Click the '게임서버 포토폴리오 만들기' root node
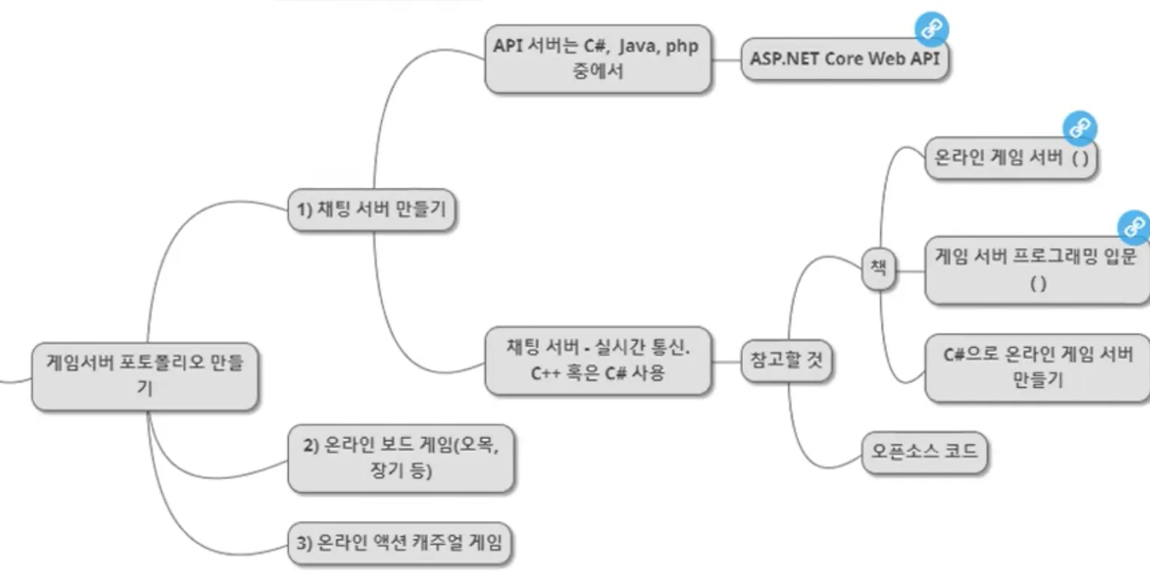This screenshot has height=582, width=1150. click(x=145, y=376)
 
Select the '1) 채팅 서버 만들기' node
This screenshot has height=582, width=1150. click(x=372, y=209)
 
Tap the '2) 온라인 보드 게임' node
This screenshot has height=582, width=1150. click(x=401, y=458)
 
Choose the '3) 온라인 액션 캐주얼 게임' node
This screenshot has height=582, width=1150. click(x=399, y=542)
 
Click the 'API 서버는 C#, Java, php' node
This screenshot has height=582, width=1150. click(x=597, y=59)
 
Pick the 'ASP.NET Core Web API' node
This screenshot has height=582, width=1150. click(x=845, y=59)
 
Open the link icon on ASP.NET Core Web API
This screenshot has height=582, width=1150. click(x=931, y=29)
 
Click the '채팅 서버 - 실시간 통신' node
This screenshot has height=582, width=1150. click(x=597, y=360)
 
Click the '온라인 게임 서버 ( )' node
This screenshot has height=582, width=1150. click(x=1011, y=157)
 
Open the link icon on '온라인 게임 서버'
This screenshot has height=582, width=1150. click(x=1079, y=129)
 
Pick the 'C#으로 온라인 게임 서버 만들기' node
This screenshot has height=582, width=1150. click(x=1037, y=367)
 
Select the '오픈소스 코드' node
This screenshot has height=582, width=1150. click(x=924, y=451)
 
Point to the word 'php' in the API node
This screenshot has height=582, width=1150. click(x=682, y=46)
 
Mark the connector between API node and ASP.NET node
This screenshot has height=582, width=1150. click(x=726, y=59)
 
